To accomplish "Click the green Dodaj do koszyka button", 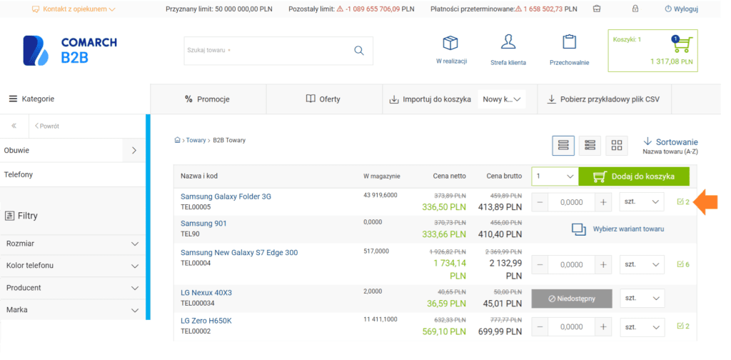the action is pos(633,176).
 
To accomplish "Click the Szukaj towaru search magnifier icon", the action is pos(358,51).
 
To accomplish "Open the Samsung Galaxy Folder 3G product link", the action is pos(226,196).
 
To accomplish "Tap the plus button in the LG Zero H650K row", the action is pos(603,327).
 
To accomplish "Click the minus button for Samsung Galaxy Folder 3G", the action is pos(540,202).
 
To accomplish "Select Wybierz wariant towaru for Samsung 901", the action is pos(617,229).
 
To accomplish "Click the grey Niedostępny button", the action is pos(572,299).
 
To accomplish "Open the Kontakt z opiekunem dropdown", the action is pos(74,9).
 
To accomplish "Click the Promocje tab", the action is pos(208,99).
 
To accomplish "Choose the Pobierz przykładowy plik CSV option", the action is pos(604,99).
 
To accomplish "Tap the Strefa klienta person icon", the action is pos(508,42).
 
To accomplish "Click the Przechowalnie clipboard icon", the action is pos(569,41).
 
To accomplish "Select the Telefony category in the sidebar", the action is pos(19,174).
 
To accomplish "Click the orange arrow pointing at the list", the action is pos(705,202).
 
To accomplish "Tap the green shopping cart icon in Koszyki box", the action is pos(682,44).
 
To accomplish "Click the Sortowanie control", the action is pos(670,146).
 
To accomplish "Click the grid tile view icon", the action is pos(617,146).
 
